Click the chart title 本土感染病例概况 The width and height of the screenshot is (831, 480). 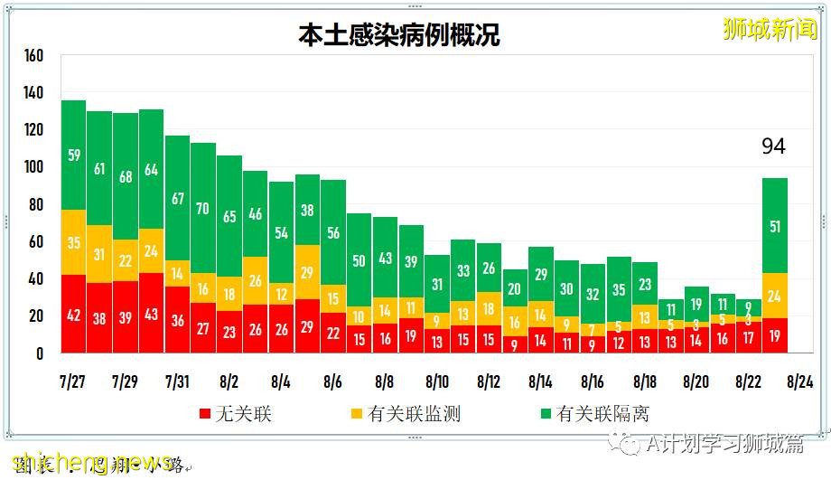[399, 35]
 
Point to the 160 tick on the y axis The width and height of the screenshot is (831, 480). [33, 56]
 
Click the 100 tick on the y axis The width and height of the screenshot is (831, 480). [33, 167]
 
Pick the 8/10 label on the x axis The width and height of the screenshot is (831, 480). [437, 381]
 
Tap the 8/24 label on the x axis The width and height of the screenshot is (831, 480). [800, 381]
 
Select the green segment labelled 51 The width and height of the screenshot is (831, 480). [775, 226]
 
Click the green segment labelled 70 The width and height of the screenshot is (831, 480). [203, 209]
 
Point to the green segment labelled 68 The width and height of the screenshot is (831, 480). [126, 176]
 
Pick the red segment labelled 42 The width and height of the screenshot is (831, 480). [73, 315]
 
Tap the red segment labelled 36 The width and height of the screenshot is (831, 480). [177, 320]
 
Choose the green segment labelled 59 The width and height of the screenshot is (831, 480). [73, 155]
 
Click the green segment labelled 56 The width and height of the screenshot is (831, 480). [333, 232]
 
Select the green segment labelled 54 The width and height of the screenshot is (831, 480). [281, 232]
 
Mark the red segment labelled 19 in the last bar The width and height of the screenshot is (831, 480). [775, 335]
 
